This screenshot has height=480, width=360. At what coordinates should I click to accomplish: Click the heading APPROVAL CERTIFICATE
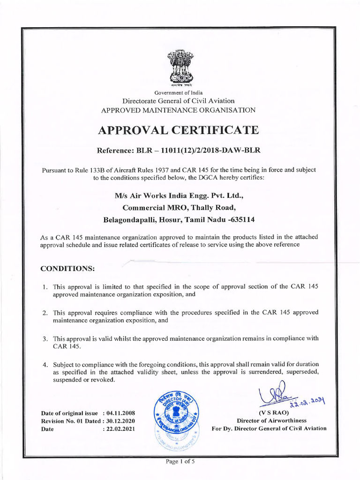pos(178,130)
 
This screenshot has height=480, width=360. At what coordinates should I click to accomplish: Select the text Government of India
pos(178,93)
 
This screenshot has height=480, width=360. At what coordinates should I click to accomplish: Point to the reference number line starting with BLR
pos(178,151)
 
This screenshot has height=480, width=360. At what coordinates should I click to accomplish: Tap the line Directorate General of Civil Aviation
pos(178,101)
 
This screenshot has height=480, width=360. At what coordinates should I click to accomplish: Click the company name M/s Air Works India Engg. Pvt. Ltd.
pos(178,195)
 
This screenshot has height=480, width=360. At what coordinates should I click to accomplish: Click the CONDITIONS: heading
pos(67,269)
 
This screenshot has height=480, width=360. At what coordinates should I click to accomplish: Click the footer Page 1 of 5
pos(180,461)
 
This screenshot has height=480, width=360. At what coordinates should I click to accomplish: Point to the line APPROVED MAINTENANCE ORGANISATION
pos(178,110)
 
